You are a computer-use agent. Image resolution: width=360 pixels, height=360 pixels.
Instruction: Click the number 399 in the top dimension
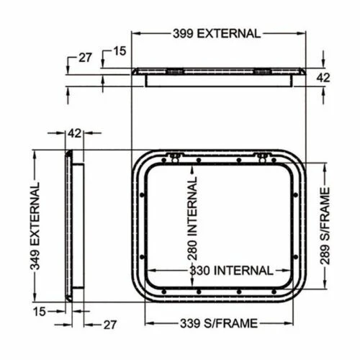pos(184,33)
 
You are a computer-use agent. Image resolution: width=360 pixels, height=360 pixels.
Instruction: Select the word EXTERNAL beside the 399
pos(229,33)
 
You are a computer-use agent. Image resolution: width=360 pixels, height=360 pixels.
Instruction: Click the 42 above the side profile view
pos(74,132)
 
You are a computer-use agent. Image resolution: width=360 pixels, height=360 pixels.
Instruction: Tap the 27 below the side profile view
pos(109,325)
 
